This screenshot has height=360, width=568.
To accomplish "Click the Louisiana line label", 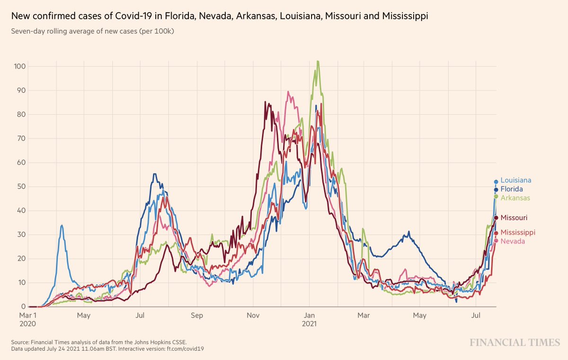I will tap(515, 180).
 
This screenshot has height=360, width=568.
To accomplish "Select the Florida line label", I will tap(512, 189).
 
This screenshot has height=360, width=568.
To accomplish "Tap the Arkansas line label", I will tap(515, 198).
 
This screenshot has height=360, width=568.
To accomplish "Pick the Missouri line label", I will tap(514, 218).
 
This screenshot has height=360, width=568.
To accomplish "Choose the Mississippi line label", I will tap(518, 232).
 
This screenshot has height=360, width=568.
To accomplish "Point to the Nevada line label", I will tap(513, 241).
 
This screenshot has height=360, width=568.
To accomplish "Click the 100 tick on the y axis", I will tap(19, 66).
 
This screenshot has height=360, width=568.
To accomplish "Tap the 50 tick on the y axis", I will tap(21, 186).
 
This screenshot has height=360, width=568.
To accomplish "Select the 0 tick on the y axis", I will tap(23, 307).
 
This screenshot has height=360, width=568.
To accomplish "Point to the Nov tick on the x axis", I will tap(253, 315).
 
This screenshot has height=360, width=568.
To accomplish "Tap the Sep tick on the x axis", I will tap(197, 315).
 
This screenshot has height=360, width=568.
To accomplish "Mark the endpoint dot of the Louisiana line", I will tap(496, 182).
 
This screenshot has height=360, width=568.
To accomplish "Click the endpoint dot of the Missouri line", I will tap(496, 218).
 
